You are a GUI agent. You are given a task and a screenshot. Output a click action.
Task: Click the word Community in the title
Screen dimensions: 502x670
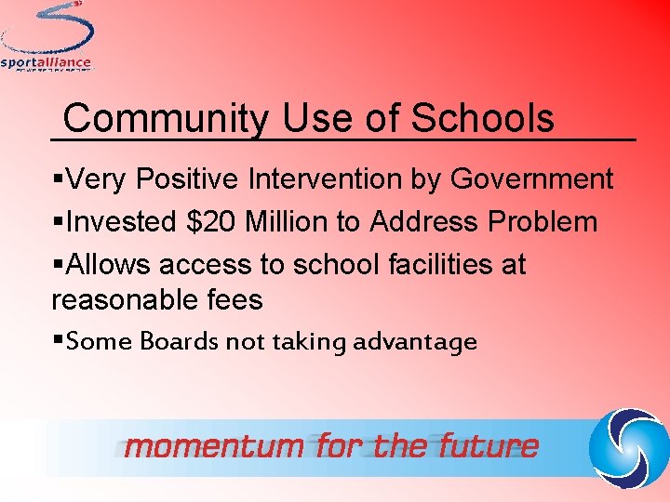point(164,119)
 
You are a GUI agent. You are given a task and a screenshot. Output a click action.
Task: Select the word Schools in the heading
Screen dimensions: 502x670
point(482,119)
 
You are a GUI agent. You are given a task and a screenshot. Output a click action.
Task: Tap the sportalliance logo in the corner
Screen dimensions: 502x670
point(47,37)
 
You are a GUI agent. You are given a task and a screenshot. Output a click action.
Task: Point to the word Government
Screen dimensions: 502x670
point(531,178)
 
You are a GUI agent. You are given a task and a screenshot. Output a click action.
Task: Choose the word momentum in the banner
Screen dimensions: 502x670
point(214,446)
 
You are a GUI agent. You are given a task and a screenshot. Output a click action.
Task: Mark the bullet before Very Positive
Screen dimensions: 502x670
point(59,178)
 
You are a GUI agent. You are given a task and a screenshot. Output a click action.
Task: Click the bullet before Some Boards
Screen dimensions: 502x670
point(59,341)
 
